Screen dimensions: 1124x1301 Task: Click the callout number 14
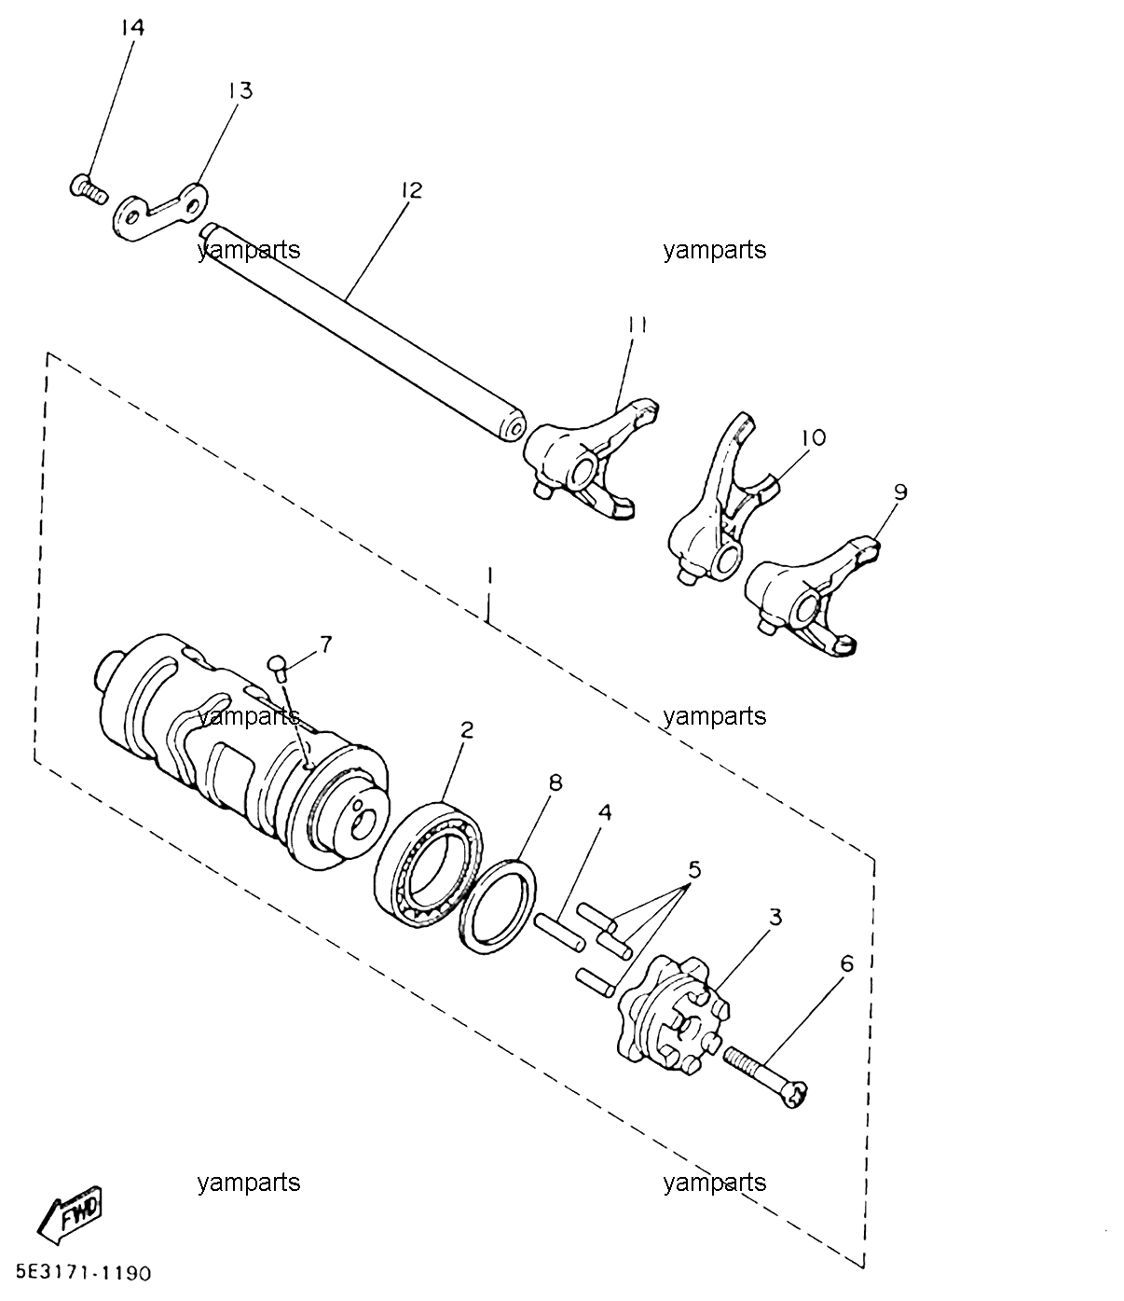pos(132,28)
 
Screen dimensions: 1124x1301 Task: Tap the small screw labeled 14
pos(88,188)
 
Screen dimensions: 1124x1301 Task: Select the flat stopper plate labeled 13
pos(159,212)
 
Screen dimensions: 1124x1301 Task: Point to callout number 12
pos(412,190)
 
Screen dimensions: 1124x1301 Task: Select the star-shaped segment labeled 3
pos(673,1014)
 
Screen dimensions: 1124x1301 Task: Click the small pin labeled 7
pos(279,666)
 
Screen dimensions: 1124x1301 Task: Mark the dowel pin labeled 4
pos(559,934)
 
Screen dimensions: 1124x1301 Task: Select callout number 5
pos(693,870)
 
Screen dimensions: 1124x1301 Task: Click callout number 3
pos(775,918)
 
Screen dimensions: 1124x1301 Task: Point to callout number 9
pos(900,492)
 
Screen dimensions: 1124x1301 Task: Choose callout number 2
pos(466,730)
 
